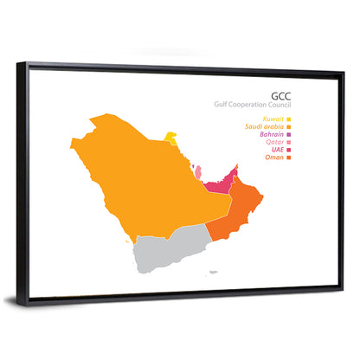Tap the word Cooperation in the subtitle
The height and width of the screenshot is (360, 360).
click(x=249, y=105)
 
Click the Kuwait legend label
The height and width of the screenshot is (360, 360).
click(x=271, y=119)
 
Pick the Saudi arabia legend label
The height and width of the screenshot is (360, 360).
click(x=263, y=127)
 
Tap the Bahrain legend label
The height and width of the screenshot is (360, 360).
click(x=270, y=135)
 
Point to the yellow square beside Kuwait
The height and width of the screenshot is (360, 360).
click(x=289, y=119)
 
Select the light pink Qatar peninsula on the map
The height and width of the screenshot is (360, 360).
click(x=198, y=173)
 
